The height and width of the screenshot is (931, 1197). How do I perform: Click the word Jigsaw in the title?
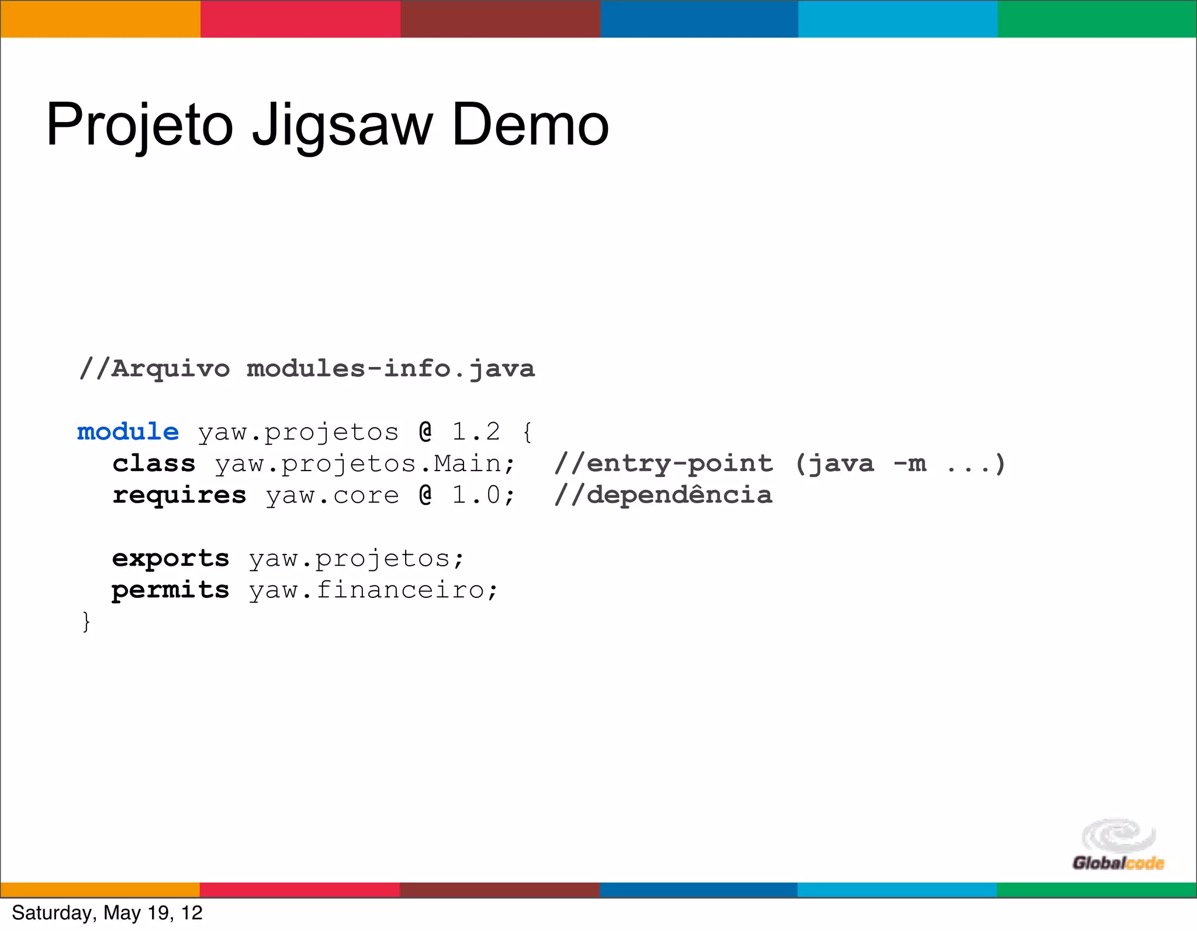[x=343, y=126]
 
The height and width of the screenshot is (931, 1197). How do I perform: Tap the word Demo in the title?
[x=530, y=124]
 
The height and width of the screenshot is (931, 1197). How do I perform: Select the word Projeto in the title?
[x=140, y=126]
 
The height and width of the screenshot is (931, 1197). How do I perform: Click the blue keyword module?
[x=128, y=432]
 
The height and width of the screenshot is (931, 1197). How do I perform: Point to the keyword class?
[x=154, y=463]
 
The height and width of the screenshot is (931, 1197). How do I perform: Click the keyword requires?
[x=179, y=495]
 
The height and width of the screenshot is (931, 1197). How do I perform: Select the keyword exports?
[x=171, y=558]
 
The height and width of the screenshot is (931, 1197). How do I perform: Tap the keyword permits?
[x=171, y=590]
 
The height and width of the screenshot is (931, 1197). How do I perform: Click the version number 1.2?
[x=476, y=432]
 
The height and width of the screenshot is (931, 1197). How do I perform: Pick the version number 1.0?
[x=484, y=495]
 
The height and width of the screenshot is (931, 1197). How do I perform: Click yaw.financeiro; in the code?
[x=373, y=590]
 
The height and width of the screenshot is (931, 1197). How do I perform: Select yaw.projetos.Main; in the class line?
[x=365, y=463]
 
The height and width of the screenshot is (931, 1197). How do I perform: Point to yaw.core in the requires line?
[x=332, y=495]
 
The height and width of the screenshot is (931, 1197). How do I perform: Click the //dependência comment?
[x=663, y=495]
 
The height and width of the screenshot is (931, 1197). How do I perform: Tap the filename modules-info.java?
[x=390, y=369]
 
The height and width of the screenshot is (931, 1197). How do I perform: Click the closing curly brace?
[x=87, y=621]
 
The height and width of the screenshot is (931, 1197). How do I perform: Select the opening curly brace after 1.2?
[x=527, y=432]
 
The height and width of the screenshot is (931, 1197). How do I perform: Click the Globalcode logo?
[x=1118, y=845]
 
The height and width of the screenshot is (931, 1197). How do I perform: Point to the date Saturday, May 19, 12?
[x=107, y=913]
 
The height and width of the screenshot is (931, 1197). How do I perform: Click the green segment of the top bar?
[x=1097, y=19]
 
